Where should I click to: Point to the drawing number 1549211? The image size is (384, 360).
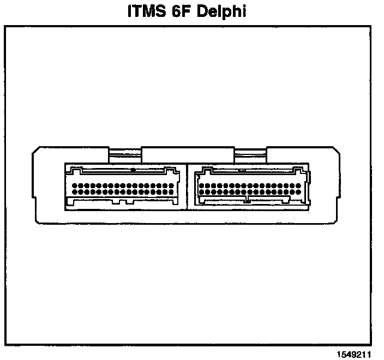[x=353, y=353]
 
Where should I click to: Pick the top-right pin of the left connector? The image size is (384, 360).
[x=172, y=185]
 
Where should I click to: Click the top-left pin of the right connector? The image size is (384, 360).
[x=202, y=185]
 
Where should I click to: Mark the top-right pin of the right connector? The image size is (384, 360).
[x=301, y=185]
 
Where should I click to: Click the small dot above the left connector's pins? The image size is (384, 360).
[x=133, y=170]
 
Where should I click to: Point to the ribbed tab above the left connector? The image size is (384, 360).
[x=125, y=155]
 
